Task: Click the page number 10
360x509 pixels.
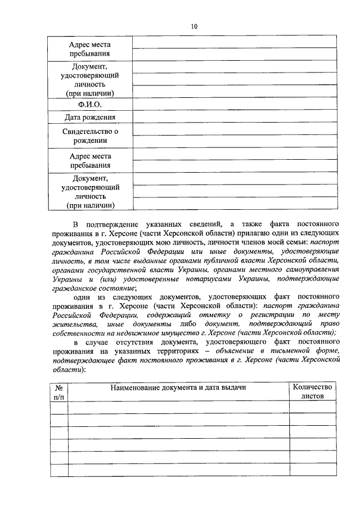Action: (x=194, y=26)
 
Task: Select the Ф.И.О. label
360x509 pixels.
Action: (x=90, y=105)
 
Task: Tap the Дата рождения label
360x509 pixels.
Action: (x=90, y=118)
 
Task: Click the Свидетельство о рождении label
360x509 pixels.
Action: (x=90, y=136)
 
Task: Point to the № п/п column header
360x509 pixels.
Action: (x=58, y=391)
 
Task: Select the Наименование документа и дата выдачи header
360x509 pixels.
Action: (x=178, y=387)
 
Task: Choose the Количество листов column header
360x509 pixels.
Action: (x=313, y=391)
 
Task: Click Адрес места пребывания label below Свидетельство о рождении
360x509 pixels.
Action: (x=90, y=161)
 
